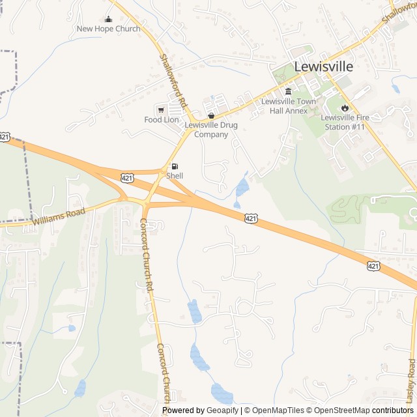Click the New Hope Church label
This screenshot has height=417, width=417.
(x=108, y=29)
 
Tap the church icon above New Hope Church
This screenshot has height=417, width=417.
(x=109, y=20)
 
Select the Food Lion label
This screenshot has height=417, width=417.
(x=162, y=120)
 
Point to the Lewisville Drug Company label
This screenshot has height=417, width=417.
(x=211, y=130)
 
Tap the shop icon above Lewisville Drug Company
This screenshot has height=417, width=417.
(x=210, y=115)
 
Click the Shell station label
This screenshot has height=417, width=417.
(x=175, y=176)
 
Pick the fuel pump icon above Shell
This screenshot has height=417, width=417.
(x=175, y=166)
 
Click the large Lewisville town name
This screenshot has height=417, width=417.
(x=324, y=66)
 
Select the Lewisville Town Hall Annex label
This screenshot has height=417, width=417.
(x=289, y=106)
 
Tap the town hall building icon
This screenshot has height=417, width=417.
(x=289, y=91)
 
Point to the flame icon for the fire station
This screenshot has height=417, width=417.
(x=345, y=108)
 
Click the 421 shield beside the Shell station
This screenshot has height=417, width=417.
(x=128, y=177)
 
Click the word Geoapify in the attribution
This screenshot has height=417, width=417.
(x=222, y=410)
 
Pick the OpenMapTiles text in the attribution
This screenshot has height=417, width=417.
(x=277, y=410)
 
